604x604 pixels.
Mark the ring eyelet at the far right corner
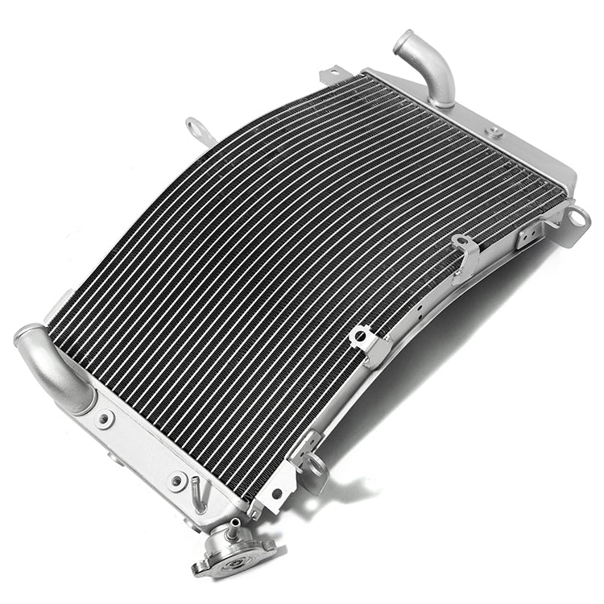coord(577,217)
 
